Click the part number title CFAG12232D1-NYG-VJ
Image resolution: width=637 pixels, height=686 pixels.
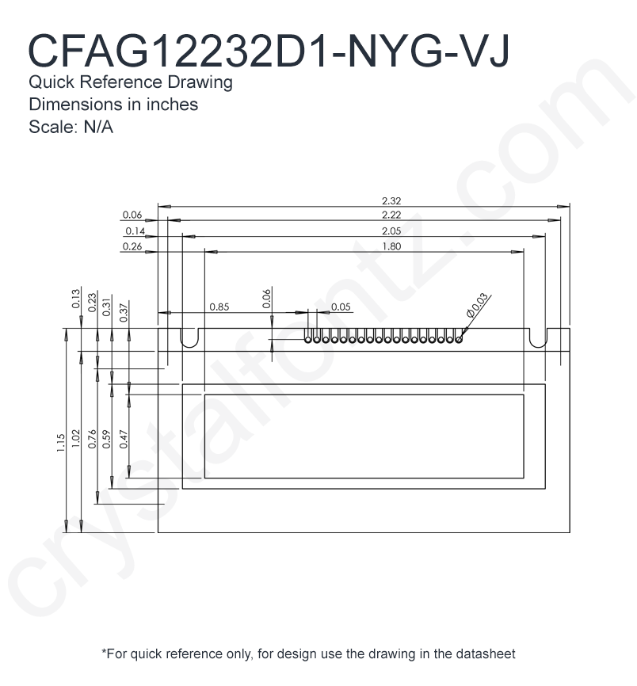pyautogui.click(x=269, y=51)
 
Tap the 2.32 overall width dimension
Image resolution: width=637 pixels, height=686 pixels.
pyautogui.click(x=391, y=201)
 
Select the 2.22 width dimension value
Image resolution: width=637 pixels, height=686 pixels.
pyautogui.click(x=391, y=215)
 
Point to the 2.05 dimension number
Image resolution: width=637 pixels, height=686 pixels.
pyautogui.click(x=391, y=231)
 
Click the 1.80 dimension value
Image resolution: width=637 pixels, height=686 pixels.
pyautogui.click(x=391, y=246)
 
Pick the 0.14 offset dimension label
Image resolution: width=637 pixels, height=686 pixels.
pyautogui.click(x=135, y=231)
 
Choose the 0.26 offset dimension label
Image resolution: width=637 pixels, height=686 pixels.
pyautogui.click(x=132, y=246)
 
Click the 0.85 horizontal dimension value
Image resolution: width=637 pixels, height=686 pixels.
pyautogui.click(x=219, y=307)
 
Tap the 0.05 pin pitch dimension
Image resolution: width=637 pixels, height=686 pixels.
pyautogui.click(x=341, y=307)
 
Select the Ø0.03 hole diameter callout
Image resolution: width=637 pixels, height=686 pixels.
pyautogui.click(x=477, y=304)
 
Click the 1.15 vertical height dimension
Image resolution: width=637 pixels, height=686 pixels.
pyautogui.click(x=61, y=443)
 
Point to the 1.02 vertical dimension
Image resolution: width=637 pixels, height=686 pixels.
pyautogui.click(x=76, y=438)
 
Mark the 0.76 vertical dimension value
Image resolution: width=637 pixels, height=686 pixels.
pyautogui.click(x=92, y=439)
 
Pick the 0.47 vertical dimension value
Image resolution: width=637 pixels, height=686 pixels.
pyautogui.click(x=124, y=439)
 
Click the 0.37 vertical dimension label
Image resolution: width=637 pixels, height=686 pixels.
pyautogui.click(x=124, y=313)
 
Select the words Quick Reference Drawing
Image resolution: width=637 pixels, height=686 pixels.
pyautogui.click(x=131, y=82)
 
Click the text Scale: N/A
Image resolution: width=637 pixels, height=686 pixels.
pyautogui.click(x=71, y=127)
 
